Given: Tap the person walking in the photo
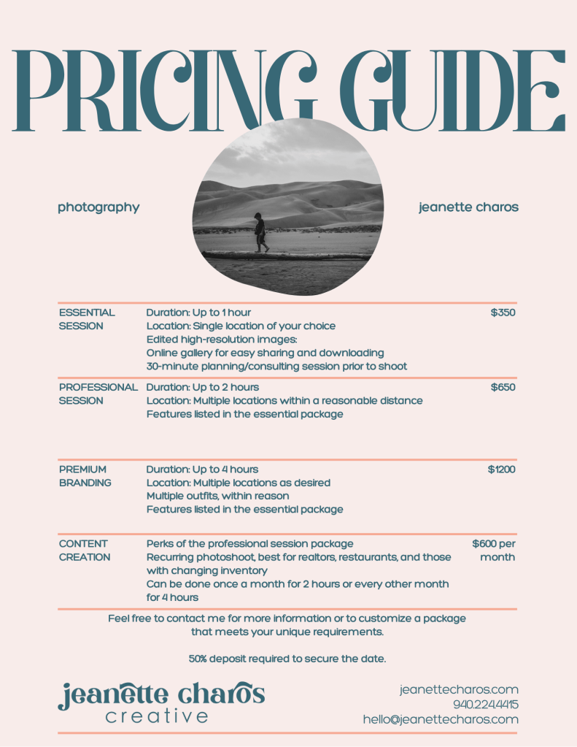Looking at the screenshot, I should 260,232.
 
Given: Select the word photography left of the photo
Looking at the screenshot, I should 98,207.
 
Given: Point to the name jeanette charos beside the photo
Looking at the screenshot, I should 468,207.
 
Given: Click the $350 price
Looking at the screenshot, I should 503,313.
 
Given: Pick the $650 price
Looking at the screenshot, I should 503,387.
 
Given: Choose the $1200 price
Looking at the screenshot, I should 501,470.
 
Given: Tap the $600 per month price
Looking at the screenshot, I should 494,551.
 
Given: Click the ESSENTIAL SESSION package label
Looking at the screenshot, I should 87,319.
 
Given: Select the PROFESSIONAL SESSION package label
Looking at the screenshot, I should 98,394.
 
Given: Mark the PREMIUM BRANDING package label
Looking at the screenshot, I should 85,476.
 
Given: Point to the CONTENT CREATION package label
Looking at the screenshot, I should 85,551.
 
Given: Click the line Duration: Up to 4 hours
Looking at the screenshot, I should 202,470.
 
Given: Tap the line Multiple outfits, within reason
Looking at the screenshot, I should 217,497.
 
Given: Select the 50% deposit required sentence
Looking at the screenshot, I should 287,659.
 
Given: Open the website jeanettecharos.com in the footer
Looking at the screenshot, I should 459,689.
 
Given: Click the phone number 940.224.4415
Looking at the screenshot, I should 485,705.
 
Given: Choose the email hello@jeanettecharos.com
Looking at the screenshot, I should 441,720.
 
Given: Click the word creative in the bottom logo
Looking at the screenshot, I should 157,717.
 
